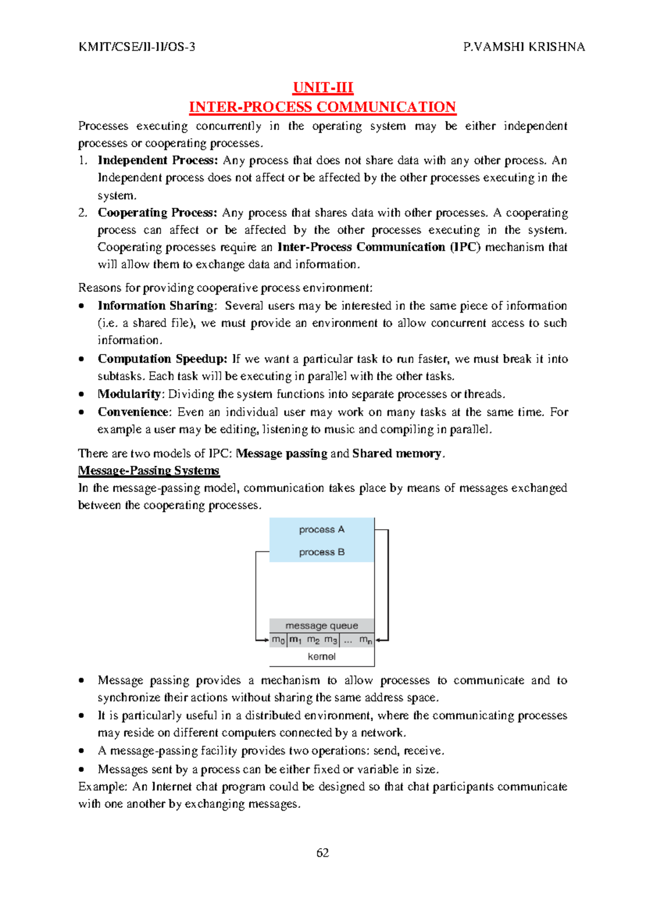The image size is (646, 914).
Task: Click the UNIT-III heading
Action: tap(322, 87)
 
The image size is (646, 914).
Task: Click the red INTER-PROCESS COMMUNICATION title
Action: tap(322, 107)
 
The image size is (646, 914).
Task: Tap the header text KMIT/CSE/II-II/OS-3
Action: tap(137, 47)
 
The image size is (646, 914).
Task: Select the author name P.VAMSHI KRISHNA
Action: tap(524, 47)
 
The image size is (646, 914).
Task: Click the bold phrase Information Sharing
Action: tap(156, 306)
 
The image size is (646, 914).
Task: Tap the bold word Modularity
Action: tap(129, 394)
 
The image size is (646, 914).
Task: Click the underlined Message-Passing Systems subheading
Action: tap(149, 470)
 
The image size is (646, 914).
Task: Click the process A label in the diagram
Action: tap(321, 530)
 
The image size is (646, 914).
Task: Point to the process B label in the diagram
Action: tap(321, 552)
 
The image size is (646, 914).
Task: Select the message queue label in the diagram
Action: tap(321, 626)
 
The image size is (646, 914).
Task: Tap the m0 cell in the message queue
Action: tap(278, 640)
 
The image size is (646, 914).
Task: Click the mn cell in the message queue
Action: tap(366, 640)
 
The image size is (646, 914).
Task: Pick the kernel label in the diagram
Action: tap(321, 656)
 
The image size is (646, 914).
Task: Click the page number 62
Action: tap(322, 853)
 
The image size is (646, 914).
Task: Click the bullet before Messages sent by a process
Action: tap(81, 770)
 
